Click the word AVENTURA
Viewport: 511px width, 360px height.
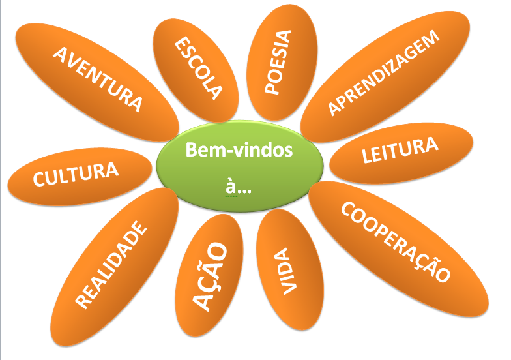[97, 78]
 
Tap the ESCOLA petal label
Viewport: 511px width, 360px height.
[197, 67]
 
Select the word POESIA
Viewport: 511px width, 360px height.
[280, 63]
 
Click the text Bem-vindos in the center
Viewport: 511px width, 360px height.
[239, 151]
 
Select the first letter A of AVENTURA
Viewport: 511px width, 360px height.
[60, 54]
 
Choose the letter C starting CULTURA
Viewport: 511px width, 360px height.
[39, 183]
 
